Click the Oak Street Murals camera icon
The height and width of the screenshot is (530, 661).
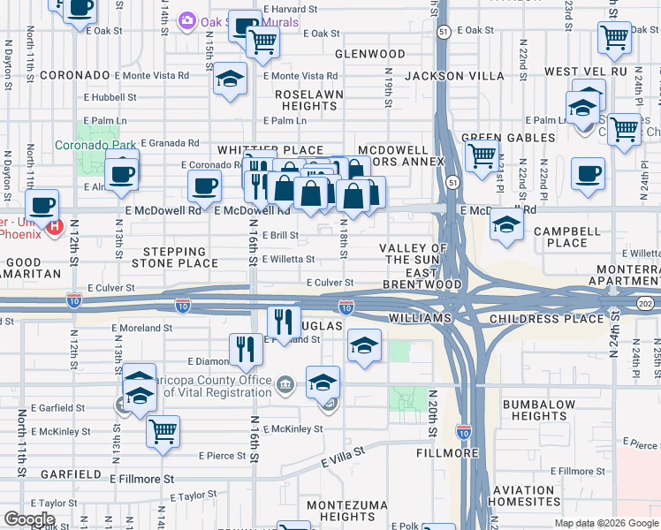[x=186, y=20]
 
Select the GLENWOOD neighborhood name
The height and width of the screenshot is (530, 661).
[x=368, y=54]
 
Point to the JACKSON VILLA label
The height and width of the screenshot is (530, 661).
[x=453, y=77]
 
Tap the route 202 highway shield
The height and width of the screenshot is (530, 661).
[x=644, y=303]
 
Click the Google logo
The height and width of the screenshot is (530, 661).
[x=30, y=519]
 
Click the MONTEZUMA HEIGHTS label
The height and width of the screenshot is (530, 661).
[x=341, y=510]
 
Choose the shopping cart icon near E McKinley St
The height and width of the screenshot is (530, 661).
[x=163, y=432]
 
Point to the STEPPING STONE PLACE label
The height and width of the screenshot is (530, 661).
[x=175, y=257]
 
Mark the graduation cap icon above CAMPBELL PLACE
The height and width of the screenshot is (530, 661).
[x=506, y=224]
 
